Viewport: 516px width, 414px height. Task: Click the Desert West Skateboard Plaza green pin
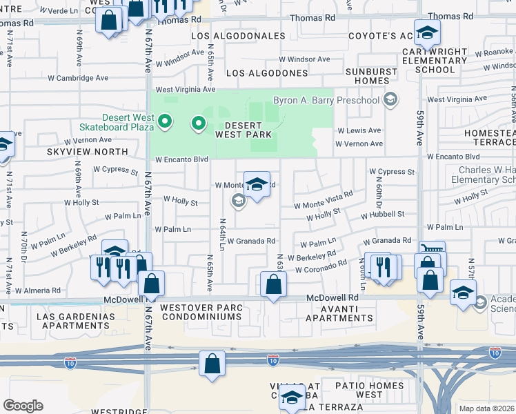[164, 122]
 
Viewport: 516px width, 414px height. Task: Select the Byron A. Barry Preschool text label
[326, 101]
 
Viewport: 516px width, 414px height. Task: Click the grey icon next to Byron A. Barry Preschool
[390, 101]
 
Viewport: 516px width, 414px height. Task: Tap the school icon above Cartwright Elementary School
[427, 32]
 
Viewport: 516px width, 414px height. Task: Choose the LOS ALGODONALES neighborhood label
[237, 36]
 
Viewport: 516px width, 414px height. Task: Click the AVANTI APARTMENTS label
[338, 313]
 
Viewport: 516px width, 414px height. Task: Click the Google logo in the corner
[23, 406]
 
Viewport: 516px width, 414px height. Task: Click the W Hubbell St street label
[382, 215]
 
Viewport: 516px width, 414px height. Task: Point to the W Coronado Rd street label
[321, 266]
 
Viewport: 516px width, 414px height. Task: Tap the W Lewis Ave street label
[358, 130]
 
